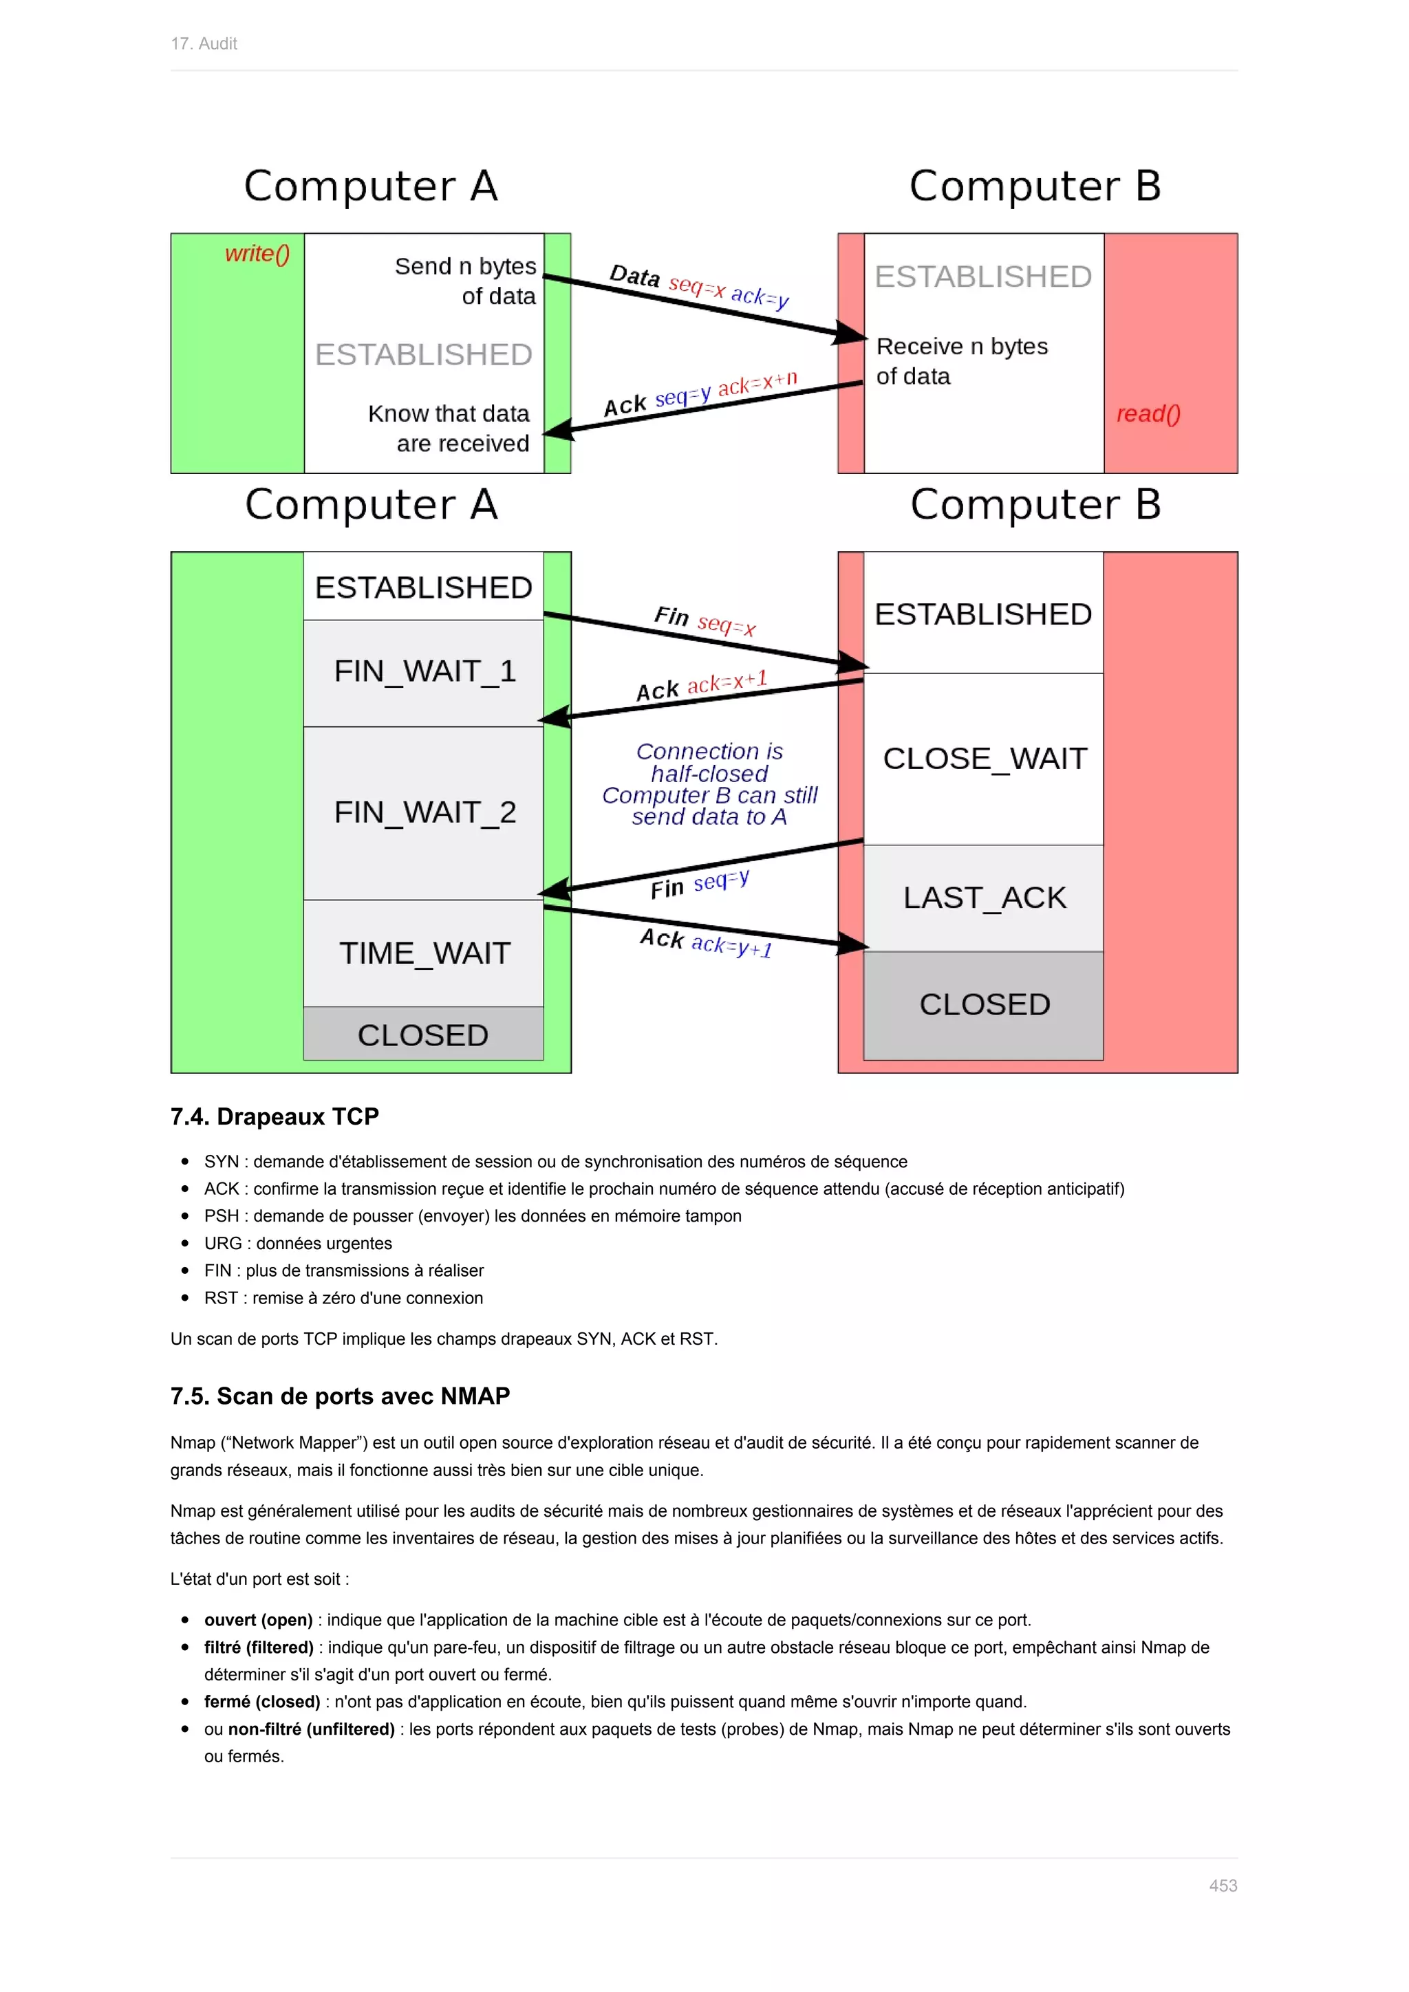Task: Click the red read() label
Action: pos(1147,414)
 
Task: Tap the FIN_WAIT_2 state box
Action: pos(424,812)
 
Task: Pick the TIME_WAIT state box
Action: pos(424,953)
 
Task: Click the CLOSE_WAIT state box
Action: pos(984,758)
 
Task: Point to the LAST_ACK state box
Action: pos(984,897)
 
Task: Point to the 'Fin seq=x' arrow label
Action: pos(704,620)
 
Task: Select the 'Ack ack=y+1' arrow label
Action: pos(705,942)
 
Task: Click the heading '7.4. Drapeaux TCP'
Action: pos(275,1116)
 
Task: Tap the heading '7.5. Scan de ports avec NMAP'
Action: pos(339,1396)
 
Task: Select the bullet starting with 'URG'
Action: pos(298,1243)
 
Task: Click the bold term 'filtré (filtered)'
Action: pos(259,1647)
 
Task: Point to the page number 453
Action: pos(1223,1885)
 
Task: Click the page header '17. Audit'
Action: pos(204,43)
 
